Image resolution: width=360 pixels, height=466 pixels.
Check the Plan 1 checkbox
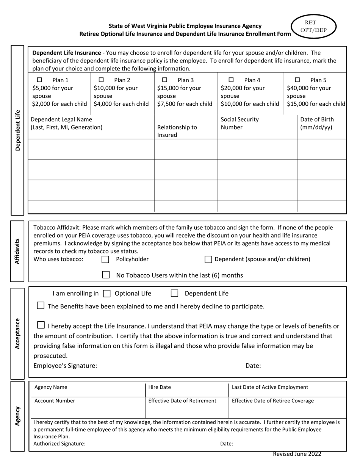[x=39, y=80]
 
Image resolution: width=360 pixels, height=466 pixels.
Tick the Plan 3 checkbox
[x=164, y=80]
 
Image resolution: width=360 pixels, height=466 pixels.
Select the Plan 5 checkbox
[x=297, y=80]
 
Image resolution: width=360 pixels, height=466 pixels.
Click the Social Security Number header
[x=239, y=123]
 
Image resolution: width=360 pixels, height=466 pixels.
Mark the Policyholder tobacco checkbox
[x=106, y=260]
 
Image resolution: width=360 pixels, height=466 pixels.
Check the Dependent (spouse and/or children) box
[x=208, y=260]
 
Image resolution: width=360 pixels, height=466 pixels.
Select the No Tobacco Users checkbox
[x=106, y=275]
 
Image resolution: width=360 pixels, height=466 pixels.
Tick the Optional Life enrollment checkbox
[x=107, y=293]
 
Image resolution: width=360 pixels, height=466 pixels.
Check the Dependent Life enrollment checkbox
[x=174, y=293]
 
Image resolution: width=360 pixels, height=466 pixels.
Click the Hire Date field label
[x=160, y=387]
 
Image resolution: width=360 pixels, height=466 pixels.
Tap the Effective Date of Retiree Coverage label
[x=272, y=401]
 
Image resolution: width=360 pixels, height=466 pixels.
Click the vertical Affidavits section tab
[x=17, y=251]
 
